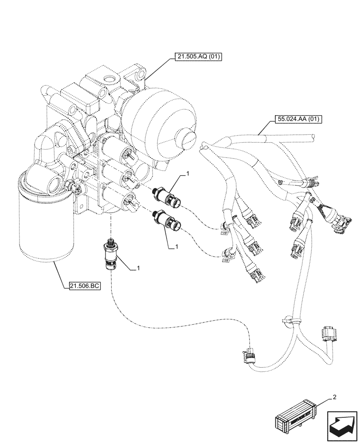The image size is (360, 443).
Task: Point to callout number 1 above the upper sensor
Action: (188, 175)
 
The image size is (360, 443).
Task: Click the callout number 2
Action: (335, 397)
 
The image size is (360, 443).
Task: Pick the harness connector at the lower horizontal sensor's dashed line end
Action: (226, 254)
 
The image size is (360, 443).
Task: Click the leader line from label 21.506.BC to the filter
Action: (61, 274)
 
